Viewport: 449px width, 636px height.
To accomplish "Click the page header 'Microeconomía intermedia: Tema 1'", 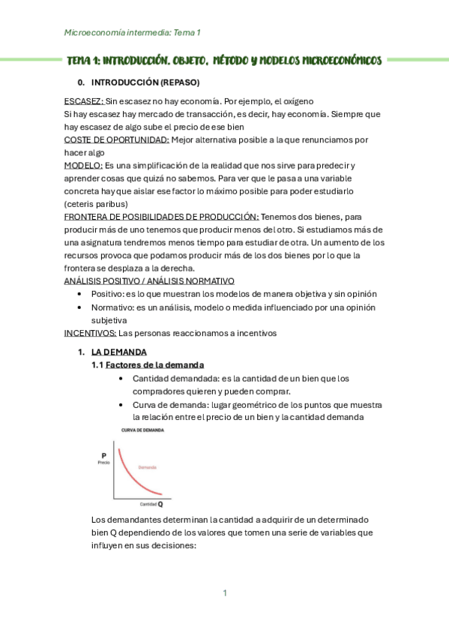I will pyautogui.click(x=133, y=33).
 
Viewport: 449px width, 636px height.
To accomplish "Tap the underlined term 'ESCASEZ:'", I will pyautogui.click(x=84, y=100).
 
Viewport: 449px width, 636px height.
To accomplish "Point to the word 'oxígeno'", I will pyautogui.click(x=295, y=100).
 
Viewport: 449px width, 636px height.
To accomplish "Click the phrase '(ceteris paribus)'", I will pyautogui.click(x=96, y=203).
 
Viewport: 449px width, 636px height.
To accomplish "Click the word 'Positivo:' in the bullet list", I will pyautogui.click(x=109, y=294).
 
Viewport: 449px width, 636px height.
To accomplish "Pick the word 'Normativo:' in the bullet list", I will pyautogui.click(x=112, y=307).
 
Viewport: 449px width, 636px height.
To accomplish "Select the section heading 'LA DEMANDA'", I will pyautogui.click(x=119, y=352).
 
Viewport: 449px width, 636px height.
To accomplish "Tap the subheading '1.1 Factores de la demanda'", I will pyautogui.click(x=148, y=364).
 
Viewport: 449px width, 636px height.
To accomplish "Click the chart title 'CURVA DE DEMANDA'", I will pyautogui.click(x=142, y=430).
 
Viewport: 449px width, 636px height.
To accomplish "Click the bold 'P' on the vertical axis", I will pyautogui.click(x=103, y=455).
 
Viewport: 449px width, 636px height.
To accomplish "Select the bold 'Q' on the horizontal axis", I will pyautogui.click(x=160, y=504).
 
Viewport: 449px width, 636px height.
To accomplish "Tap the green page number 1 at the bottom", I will pyautogui.click(x=224, y=593).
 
